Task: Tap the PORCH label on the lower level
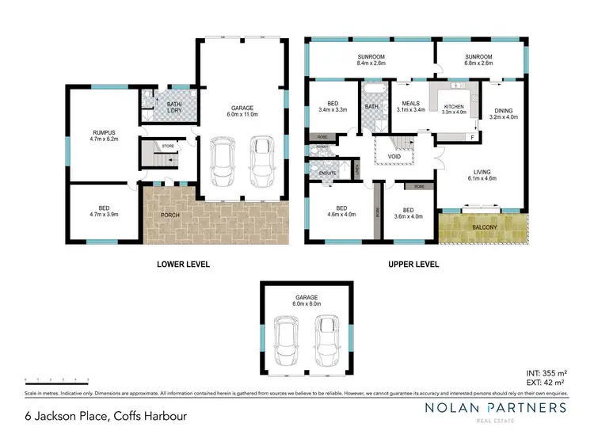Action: tap(169, 215)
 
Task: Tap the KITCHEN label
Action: tap(454, 106)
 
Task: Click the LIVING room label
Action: tap(482, 172)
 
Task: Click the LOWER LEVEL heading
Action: tap(183, 265)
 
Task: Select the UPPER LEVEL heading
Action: tap(412, 265)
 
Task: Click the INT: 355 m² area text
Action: tap(545, 371)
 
